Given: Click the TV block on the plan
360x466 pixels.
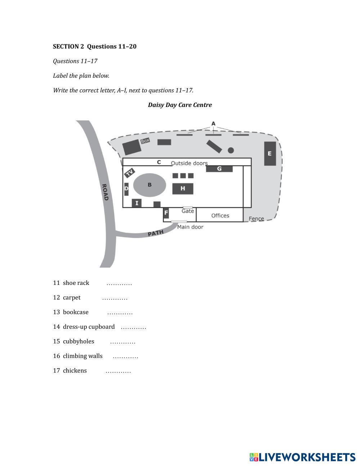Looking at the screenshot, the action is point(130,173).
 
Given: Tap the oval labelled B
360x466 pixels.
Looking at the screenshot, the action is point(150,185).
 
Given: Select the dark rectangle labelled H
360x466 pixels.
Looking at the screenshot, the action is point(183,188).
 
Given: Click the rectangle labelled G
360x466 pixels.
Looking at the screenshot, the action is point(219,169).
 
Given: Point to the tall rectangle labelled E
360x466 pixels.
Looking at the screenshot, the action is point(270,153).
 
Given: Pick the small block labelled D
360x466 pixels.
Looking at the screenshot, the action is point(126,189).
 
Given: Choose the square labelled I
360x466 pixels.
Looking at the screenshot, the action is point(136,203).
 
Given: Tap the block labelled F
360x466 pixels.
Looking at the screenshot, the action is point(166,213).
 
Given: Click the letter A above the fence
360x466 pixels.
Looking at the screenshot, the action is point(213,124).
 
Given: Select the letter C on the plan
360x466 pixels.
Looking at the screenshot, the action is point(159,162).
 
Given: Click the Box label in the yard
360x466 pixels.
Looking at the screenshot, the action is point(145,141).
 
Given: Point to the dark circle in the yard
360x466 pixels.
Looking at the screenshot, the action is point(231,150).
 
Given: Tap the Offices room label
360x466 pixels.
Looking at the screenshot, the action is point(220,215).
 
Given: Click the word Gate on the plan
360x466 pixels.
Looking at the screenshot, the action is point(188,211).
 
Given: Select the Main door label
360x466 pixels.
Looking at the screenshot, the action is point(190,227).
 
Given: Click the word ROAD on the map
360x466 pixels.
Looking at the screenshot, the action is point(105,192).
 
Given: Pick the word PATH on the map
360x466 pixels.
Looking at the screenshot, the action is point(156,233).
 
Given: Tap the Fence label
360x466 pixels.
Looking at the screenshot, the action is point(256,219).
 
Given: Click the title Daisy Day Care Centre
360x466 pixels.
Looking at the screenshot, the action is point(180,105).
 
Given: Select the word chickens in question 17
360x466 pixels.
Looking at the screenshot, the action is point(75,371).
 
